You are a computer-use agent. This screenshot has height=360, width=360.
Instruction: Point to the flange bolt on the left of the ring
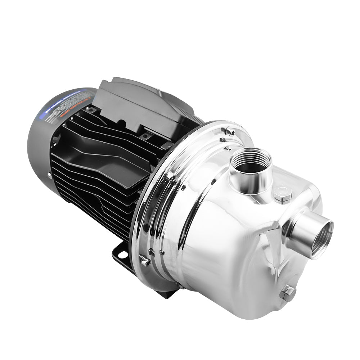click(x=171, y=177)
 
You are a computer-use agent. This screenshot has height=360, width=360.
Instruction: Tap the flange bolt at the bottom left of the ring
click(x=145, y=261)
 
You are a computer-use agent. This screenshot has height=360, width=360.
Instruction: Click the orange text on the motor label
click(x=68, y=117)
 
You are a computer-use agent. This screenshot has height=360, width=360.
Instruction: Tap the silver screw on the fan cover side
click(x=49, y=175)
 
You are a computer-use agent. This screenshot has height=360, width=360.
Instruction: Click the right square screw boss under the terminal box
click(x=145, y=136)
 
